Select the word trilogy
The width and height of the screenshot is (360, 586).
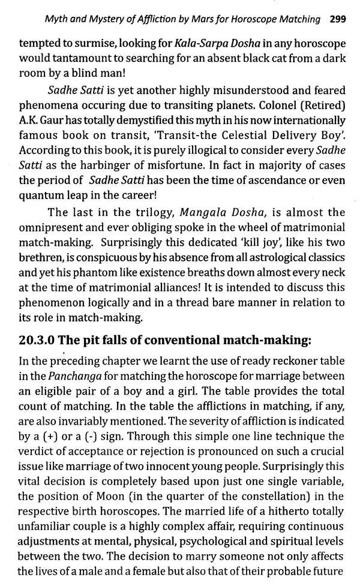tap(139, 229)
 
